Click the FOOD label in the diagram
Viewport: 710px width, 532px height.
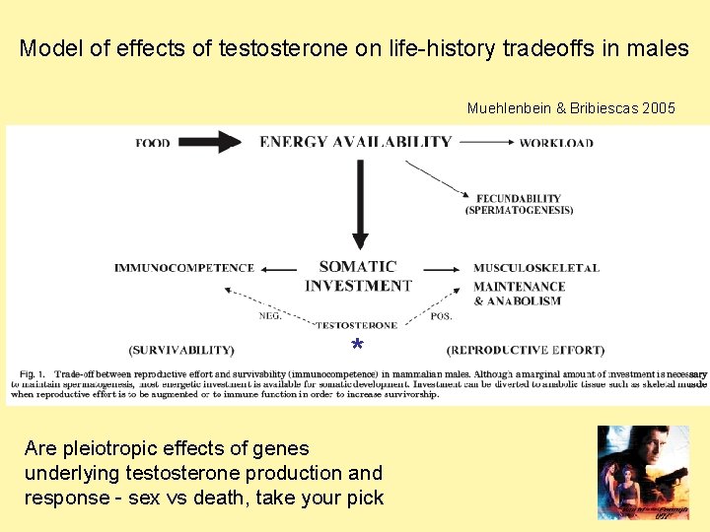(x=153, y=143)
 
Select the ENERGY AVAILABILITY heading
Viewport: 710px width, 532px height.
(x=355, y=142)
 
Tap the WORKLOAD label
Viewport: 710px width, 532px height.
(x=556, y=143)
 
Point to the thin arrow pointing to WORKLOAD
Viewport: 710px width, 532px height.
(x=485, y=142)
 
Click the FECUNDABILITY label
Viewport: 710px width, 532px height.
(x=518, y=198)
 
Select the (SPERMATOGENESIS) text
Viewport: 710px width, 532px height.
(x=519, y=210)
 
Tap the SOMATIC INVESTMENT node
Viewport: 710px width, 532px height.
(x=358, y=276)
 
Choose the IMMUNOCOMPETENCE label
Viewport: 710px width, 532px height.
(x=183, y=268)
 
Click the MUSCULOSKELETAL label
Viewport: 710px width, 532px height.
(x=535, y=268)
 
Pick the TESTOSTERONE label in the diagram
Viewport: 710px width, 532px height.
(x=358, y=325)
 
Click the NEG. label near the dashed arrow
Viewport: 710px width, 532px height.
(x=271, y=316)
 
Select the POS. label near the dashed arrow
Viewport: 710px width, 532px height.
(x=442, y=316)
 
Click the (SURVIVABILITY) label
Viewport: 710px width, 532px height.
(x=181, y=350)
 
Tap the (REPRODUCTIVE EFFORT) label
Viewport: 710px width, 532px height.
(x=526, y=350)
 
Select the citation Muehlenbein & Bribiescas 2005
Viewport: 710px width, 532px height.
(x=571, y=108)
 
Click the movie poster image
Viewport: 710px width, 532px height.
(x=643, y=472)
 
